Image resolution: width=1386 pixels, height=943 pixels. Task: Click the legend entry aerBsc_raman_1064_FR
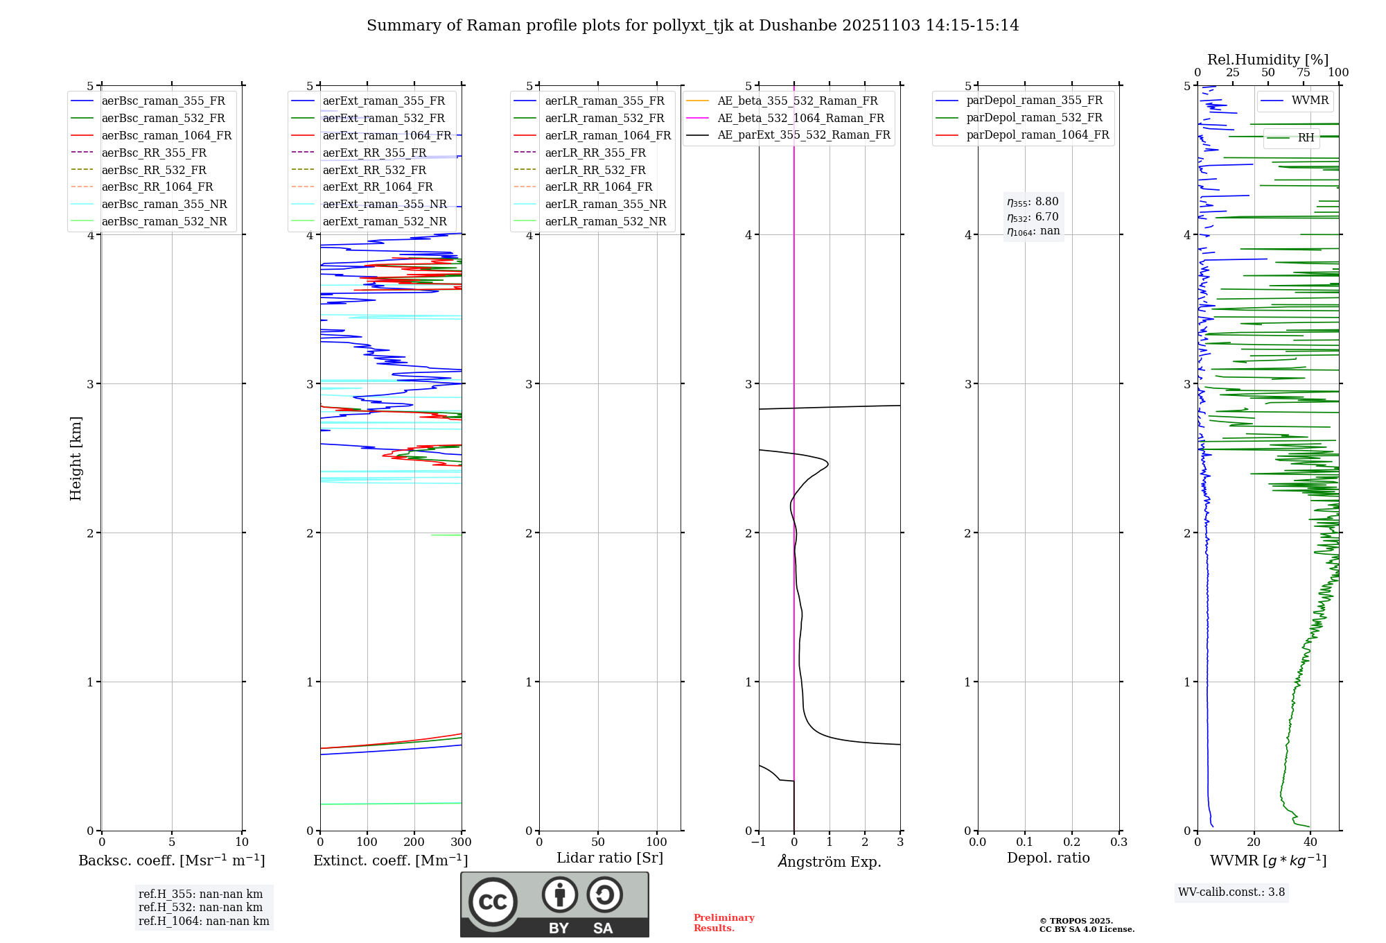point(166,136)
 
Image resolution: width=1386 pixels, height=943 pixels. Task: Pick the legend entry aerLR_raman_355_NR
point(605,205)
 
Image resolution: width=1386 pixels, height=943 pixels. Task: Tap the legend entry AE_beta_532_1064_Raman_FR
point(800,119)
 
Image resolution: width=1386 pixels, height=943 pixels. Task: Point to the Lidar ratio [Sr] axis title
point(609,858)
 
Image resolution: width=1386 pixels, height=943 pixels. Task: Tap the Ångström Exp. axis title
point(829,862)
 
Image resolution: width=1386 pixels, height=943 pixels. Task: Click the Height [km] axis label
point(76,458)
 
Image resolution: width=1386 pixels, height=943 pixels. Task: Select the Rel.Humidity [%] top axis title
point(1267,60)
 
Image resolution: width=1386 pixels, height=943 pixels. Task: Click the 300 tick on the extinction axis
point(461,842)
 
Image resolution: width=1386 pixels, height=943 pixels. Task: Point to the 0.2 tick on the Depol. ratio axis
point(1071,842)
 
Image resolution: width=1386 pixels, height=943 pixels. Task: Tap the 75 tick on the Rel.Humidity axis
point(1303,73)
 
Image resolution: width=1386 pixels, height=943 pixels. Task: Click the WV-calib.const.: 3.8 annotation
point(1231,892)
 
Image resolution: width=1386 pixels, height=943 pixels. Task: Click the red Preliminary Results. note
point(723,923)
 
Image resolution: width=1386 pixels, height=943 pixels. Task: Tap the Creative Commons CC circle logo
point(493,902)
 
